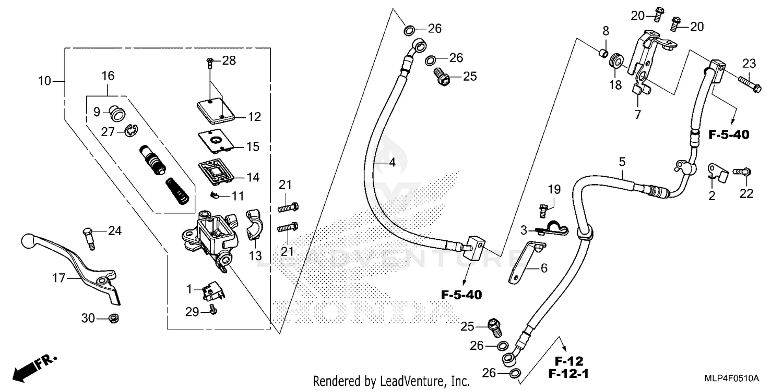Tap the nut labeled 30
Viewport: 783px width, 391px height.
click(x=111, y=317)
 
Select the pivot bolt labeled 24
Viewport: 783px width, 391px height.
click(x=88, y=237)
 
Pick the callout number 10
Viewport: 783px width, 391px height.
click(x=45, y=81)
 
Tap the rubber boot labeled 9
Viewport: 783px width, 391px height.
click(x=116, y=112)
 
